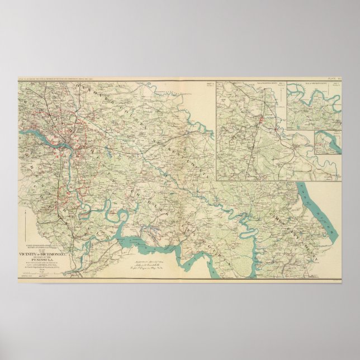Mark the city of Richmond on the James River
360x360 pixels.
[x=65, y=139]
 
